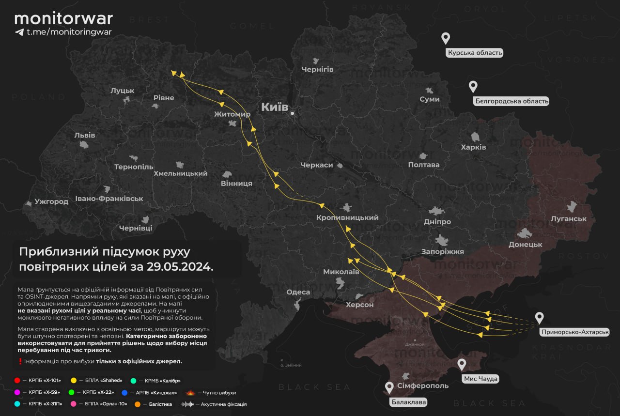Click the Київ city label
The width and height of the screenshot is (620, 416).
pyautogui.click(x=275, y=107)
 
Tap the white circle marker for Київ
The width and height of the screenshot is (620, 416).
pyautogui.click(x=293, y=114)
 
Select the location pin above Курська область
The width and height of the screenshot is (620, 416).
pyautogui.click(x=446, y=38)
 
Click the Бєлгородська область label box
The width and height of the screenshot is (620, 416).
pyautogui.click(x=511, y=101)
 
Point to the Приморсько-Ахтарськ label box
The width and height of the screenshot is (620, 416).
pyautogui.click(x=573, y=332)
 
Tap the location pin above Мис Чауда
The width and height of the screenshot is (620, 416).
pyautogui.click(x=462, y=364)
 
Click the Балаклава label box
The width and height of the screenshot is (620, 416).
pyautogui.click(x=409, y=402)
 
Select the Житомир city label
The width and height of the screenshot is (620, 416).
pyautogui.click(x=232, y=114)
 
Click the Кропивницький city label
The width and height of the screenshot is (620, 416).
pyautogui.click(x=347, y=218)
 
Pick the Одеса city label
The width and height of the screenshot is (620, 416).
pyautogui.click(x=298, y=292)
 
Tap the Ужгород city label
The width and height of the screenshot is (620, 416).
pyautogui.click(x=51, y=201)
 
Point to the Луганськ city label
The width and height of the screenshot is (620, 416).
pyautogui.click(x=569, y=219)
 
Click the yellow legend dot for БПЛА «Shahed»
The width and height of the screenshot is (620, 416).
pyautogui.click(x=74, y=381)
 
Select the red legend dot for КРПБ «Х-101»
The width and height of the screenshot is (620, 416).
pyautogui.click(x=17, y=381)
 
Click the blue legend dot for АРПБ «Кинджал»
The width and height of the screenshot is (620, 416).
pyautogui.click(x=124, y=392)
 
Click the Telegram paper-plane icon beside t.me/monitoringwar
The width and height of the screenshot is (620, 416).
pyautogui.click(x=19, y=32)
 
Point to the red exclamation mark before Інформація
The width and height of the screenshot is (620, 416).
pyautogui.click(x=20, y=361)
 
